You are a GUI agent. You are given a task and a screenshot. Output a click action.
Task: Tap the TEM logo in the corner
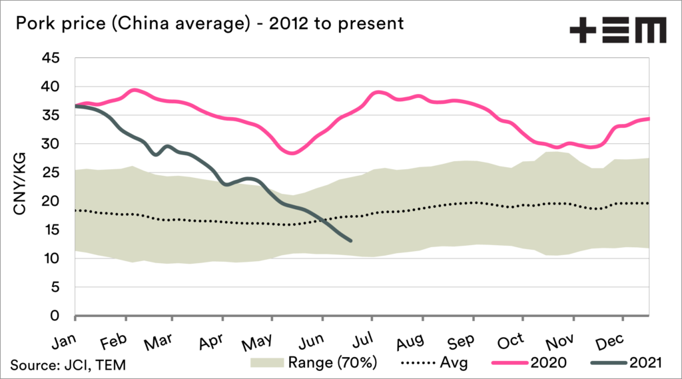click(x=617, y=31)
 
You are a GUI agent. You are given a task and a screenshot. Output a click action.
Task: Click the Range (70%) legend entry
click(x=314, y=364)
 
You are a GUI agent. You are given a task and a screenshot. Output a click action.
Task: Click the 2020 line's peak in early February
click(x=135, y=90)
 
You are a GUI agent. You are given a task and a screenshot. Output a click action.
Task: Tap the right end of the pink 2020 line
click(x=649, y=119)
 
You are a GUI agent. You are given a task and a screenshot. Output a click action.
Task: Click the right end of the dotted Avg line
click(x=649, y=203)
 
